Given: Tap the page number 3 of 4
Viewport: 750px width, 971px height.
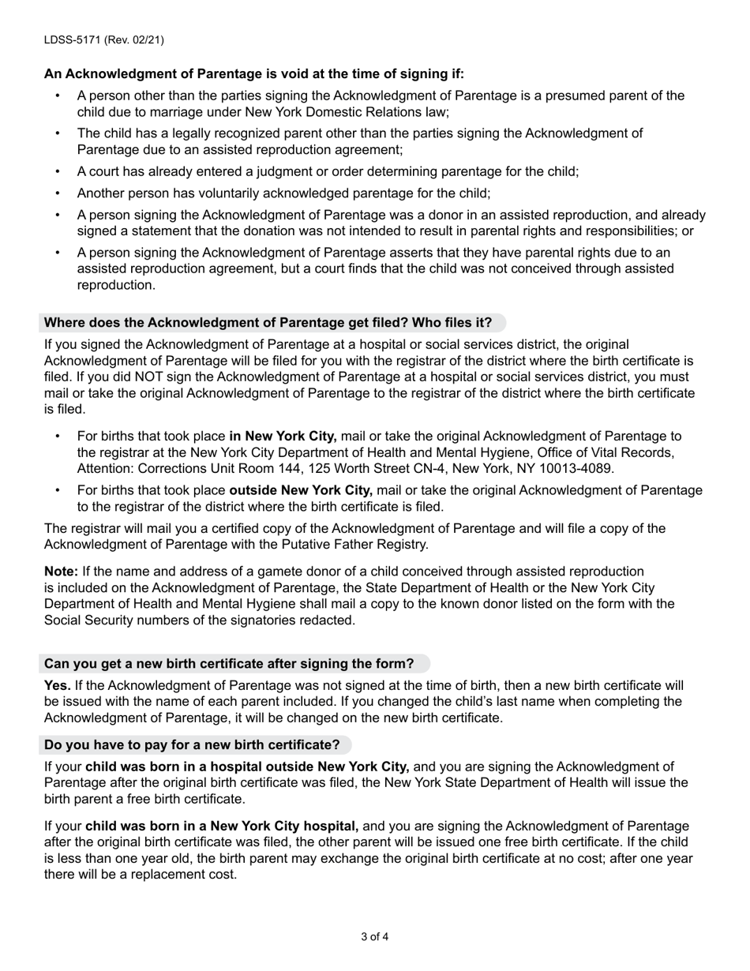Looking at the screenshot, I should [x=375, y=937].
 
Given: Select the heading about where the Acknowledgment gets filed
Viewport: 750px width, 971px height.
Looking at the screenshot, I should [x=268, y=323].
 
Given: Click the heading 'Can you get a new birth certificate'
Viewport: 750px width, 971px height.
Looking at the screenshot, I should [x=229, y=664].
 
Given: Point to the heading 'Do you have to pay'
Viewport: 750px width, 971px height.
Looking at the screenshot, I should [x=192, y=745].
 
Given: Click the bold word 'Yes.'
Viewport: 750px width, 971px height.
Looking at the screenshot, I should [x=58, y=685].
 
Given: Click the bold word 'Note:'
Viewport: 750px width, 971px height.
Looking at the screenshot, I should [x=61, y=572].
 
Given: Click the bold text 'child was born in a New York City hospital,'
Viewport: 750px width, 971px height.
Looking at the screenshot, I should [x=222, y=827].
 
